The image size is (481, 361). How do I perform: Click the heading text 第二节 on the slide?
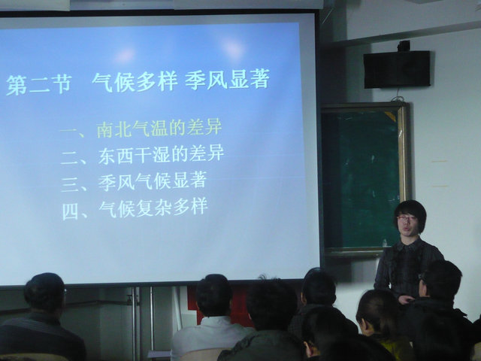pos(39,84)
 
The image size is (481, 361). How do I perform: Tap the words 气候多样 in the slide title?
pos(135,82)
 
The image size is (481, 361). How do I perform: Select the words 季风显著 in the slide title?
pos(227,79)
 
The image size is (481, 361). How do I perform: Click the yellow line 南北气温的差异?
pos(159,128)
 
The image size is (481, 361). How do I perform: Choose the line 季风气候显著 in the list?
pos(152,180)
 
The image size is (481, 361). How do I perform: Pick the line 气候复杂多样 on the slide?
pos(153,208)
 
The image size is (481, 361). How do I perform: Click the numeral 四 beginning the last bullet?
pos(70,211)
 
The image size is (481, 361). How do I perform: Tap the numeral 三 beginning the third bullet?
pos(70,184)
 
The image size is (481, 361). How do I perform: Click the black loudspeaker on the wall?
pos(397,69)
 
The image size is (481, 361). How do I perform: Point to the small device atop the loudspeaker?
pos(404,46)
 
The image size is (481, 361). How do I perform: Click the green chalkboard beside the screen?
pos(362,178)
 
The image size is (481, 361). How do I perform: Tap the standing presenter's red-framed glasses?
pos(406,217)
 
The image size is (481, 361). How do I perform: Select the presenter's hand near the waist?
pos(407,299)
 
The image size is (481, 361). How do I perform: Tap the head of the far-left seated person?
pos(45,293)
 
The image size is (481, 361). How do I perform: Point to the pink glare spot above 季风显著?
pos(232,48)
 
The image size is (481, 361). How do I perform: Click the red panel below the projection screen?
pos(222,304)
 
